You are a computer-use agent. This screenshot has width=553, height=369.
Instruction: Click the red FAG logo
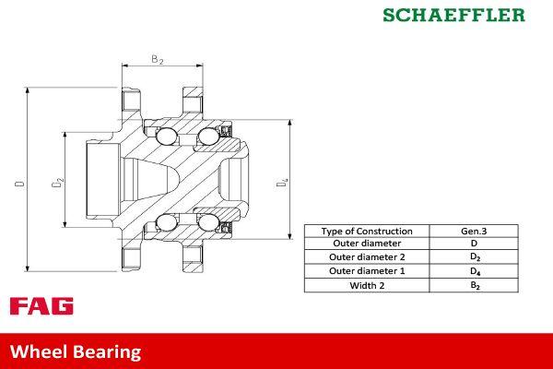(x=41, y=306)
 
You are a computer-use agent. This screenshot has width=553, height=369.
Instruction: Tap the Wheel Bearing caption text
(x=76, y=351)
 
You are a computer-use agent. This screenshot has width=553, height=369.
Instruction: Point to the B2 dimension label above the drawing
(x=157, y=60)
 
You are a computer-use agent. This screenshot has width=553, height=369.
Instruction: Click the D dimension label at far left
(x=18, y=184)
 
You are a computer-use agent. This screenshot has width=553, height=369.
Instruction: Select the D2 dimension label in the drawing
(x=56, y=183)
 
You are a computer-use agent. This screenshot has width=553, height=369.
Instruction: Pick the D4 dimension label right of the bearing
(x=284, y=184)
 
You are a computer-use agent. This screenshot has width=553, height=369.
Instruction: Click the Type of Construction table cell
(x=367, y=231)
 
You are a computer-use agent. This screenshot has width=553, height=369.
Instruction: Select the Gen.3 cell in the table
(x=474, y=231)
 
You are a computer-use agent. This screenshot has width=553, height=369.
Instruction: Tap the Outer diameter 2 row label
(x=367, y=257)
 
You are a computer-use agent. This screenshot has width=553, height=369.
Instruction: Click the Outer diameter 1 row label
(x=367, y=271)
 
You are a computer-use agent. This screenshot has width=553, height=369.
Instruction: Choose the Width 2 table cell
(x=367, y=285)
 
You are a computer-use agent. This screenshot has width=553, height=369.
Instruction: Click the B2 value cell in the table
(x=474, y=285)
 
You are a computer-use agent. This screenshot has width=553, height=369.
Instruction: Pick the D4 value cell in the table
(x=474, y=271)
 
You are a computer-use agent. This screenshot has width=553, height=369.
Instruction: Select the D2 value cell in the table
(x=474, y=257)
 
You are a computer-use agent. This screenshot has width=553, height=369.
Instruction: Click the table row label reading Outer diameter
(x=367, y=244)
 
